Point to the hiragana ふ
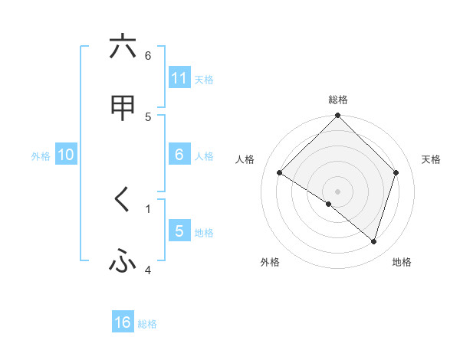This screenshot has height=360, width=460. click(x=123, y=262)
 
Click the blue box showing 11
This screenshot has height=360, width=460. click(x=179, y=78)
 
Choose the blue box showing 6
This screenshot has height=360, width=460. click(x=179, y=155)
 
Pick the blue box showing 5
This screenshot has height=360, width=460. click(x=179, y=231)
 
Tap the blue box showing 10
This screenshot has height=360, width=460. click(x=66, y=155)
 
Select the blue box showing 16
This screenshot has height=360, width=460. click(x=123, y=322)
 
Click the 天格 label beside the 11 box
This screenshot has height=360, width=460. click(x=204, y=79)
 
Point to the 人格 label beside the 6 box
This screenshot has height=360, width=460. click(x=204, y=155)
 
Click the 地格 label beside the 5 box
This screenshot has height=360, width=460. click(x=204, y=232)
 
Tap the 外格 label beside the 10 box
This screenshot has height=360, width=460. click(x=41, y=155)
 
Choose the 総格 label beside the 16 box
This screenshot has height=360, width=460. click(x=147, y=324)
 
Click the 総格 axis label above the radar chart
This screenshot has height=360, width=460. click(x=337, y=100)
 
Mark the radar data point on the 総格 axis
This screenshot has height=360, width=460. click(x=337, y=116)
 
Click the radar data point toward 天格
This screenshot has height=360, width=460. click(x=396, y=172)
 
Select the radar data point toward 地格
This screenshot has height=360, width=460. click(x=374, y=242)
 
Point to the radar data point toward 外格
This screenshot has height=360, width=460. click(x=329, y=205)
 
